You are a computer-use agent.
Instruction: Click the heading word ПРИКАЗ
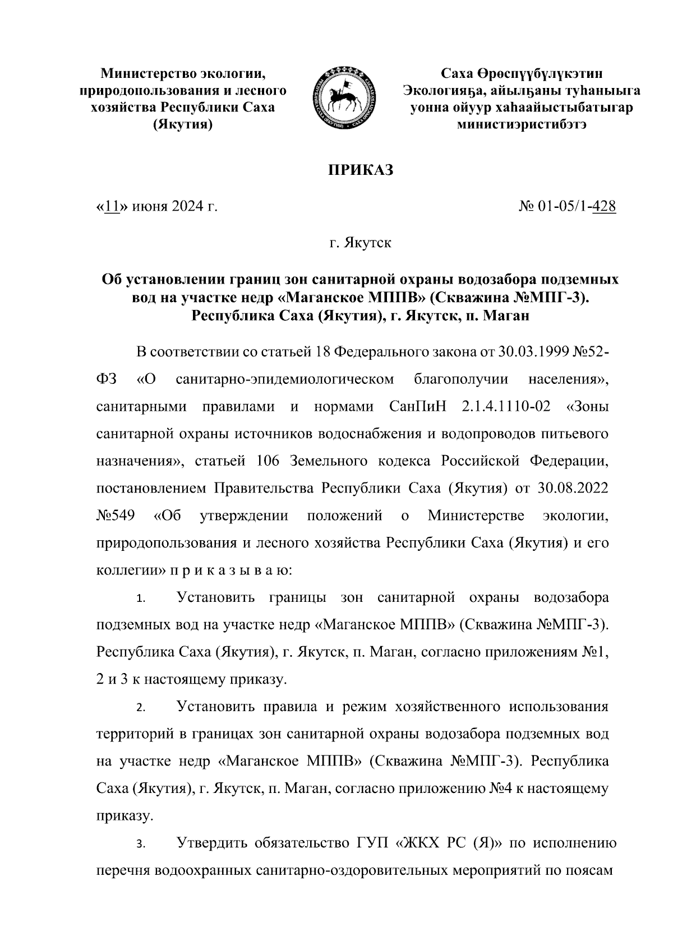point(361,170)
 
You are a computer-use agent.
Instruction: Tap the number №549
point(115,515)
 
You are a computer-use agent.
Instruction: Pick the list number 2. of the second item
point(141,708)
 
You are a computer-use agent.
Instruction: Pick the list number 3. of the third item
point(141,845)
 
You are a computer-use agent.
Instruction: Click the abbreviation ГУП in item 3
point(374,843)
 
